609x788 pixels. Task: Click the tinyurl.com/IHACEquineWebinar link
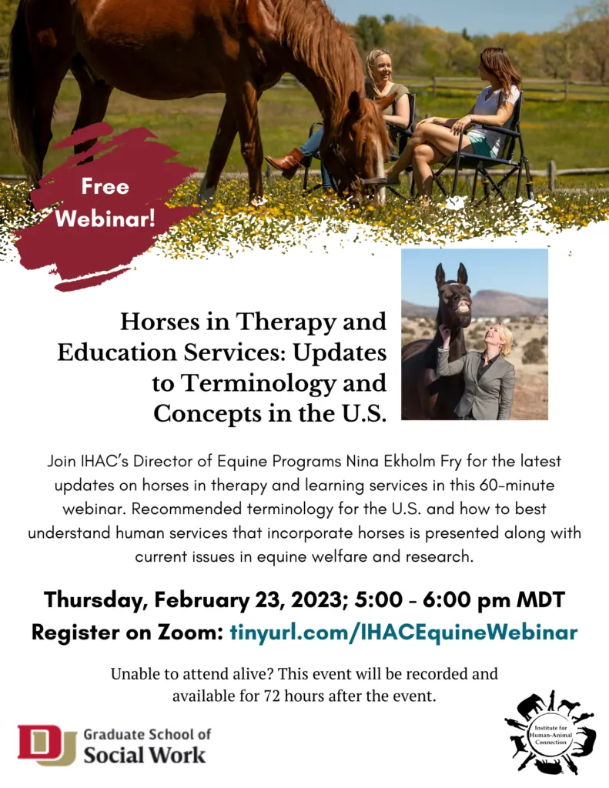coord(403,632)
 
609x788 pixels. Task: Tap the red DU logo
coord(46,744)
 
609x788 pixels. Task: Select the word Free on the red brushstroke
coord(105,186)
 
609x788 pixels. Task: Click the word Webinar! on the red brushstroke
coord(105,218)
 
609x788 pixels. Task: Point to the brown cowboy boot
coord(285,163)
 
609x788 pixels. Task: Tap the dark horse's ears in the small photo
coord(451,274)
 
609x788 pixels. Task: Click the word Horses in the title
coord(159,322)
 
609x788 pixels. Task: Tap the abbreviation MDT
coord(540,600)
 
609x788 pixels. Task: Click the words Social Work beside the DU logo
coord(144,755)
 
